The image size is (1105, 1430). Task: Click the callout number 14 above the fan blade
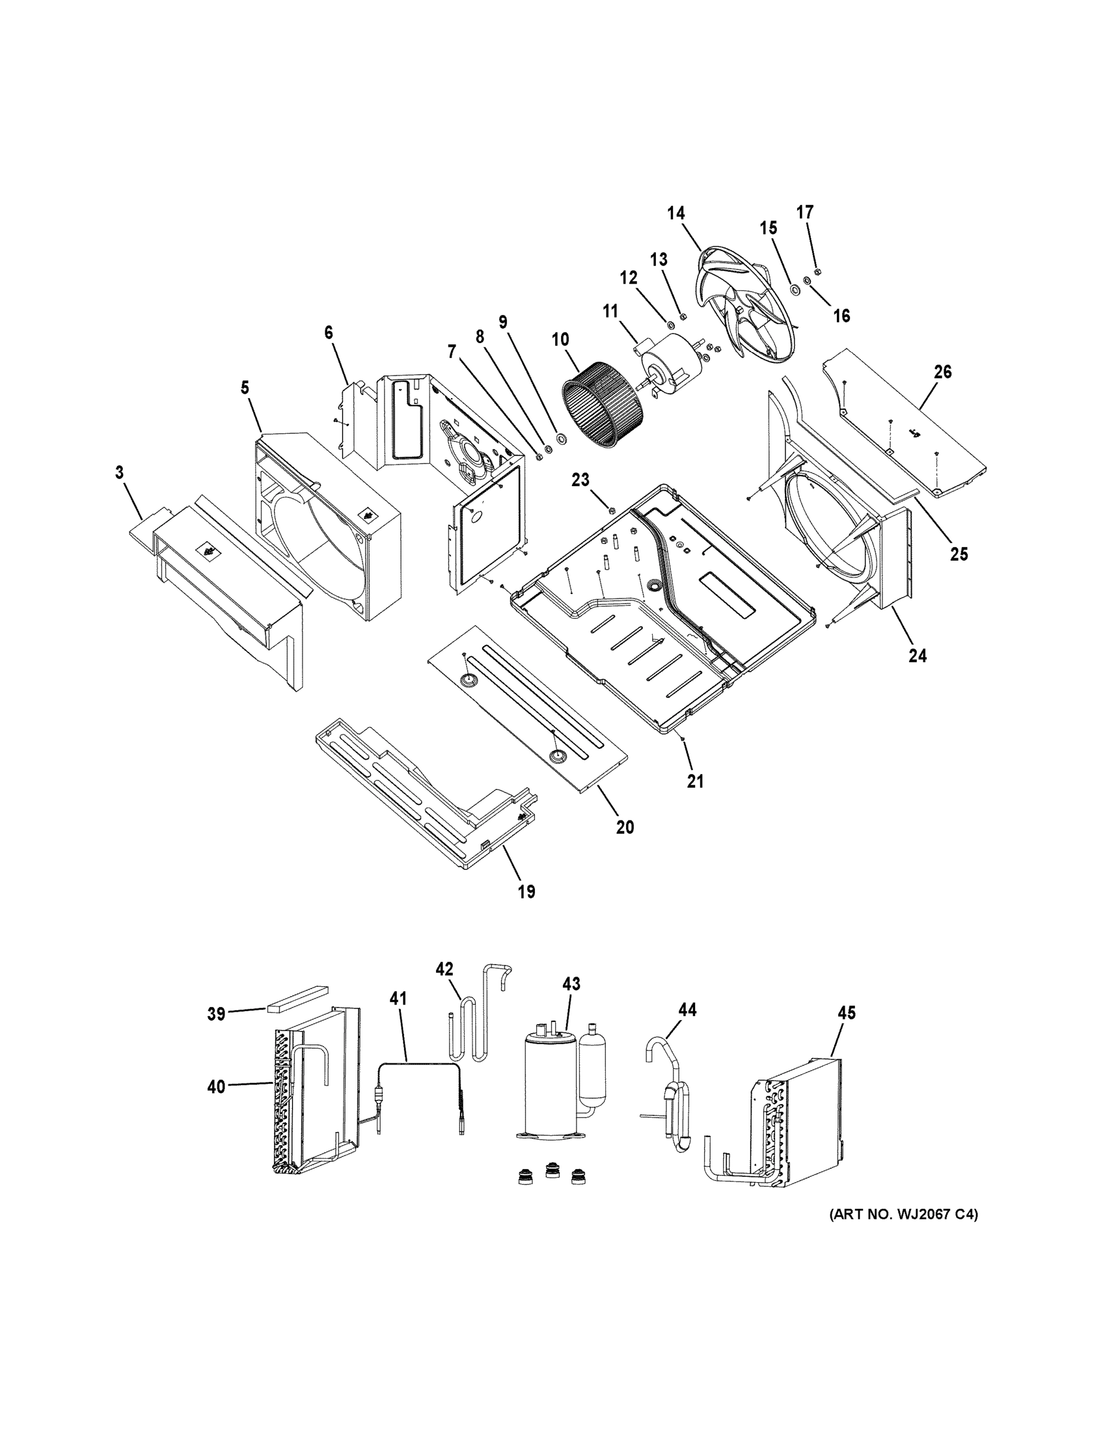click(x=676, y=213)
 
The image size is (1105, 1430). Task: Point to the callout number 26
click(x=942, y=372)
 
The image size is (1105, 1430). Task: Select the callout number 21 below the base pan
click(x=695, y=781)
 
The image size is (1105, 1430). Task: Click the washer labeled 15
click(x=795, y=290)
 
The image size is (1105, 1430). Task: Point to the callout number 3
click(x=119, y=472)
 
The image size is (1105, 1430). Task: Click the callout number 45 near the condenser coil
click(x=846, y=1013)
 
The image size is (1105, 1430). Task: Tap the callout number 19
click(x=527, y=891)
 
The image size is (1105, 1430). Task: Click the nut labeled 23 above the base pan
click(x=611, y=510)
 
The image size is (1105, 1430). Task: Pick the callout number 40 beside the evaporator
click(x=216, y=1087)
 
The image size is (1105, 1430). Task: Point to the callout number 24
click(x=917, y=655)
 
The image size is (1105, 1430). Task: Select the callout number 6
click(x=328, y=332)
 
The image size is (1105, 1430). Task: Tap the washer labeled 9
click(x=561, y=437)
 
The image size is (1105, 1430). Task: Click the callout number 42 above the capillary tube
click(x=444, y=969)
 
